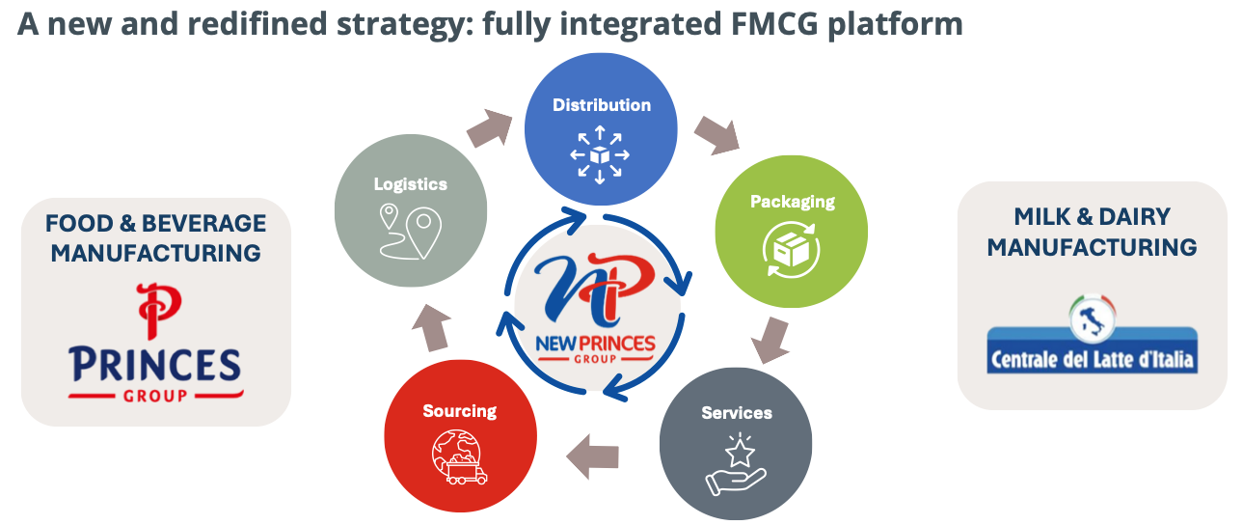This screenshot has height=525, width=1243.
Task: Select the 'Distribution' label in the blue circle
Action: pos(601,105)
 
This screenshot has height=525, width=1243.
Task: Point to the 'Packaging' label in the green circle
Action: pos(793,202)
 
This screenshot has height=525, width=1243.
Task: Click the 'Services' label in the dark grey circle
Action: pos(737,413)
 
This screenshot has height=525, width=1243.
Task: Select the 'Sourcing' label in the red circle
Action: pos(459,411)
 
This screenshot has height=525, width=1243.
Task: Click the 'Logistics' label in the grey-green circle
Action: pos(411,184)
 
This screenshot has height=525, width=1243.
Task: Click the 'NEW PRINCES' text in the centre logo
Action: pos(597,344)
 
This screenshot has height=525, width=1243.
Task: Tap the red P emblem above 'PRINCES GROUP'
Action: pos(155,308)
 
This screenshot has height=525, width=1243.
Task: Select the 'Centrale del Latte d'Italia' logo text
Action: pos(1092,362)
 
